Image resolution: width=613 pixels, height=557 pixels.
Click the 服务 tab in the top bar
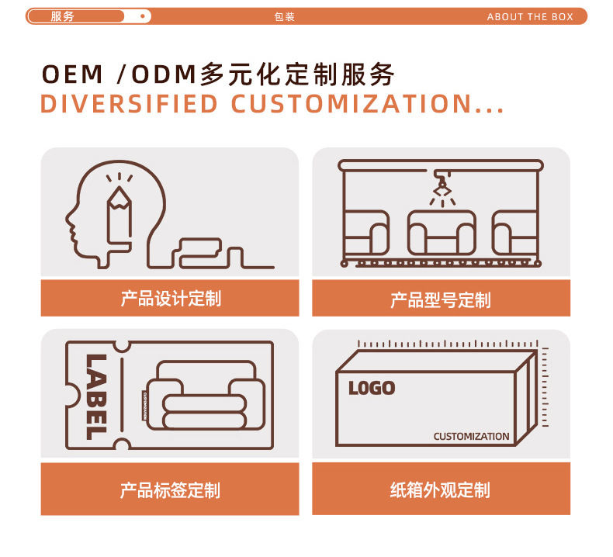point(63,16)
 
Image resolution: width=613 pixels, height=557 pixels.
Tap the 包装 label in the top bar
point(285,17)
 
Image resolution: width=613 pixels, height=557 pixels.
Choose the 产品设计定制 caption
point(170,299)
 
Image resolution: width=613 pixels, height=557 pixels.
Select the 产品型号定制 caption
point(441,299)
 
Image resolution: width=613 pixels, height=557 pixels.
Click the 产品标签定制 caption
point(170,490)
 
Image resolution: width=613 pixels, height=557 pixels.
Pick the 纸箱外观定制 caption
point(440,490)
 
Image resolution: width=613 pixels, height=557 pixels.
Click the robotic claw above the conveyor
point(442,186)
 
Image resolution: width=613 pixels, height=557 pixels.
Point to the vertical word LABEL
point(95,396)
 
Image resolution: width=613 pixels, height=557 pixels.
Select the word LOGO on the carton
point(372,388)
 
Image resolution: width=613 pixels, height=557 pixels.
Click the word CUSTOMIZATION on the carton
point(471,437)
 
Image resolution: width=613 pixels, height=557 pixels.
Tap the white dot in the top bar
point(142,16)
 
